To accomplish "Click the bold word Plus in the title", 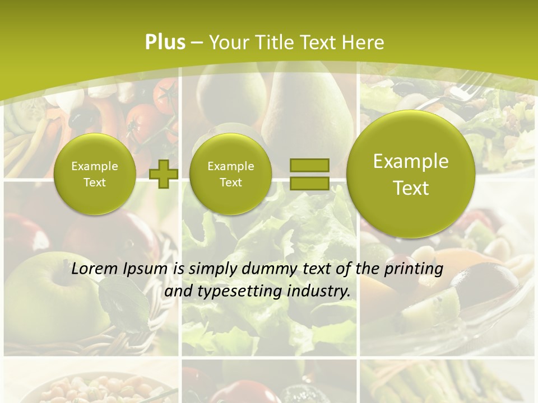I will pos(165,42).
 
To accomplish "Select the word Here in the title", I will pos(365,43).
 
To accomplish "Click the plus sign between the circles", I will pos(164,174).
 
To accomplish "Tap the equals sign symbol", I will pos(309,174).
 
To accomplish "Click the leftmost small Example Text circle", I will pos(95,174).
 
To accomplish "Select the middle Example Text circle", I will pos(230,174).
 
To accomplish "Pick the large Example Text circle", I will pos(411,174).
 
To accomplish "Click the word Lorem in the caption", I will pos(92,269).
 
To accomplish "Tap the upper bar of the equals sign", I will pos(309,165).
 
